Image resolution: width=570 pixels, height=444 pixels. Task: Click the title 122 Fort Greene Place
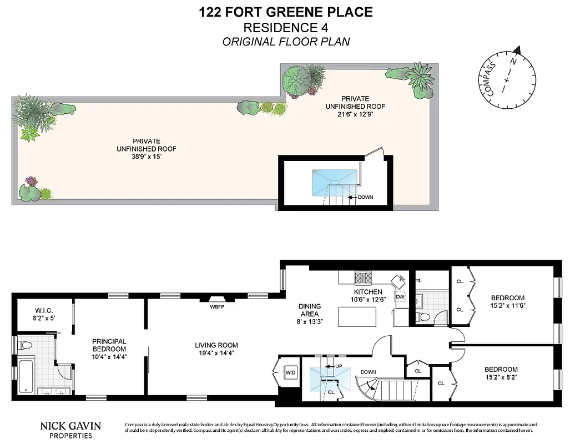click(x=286, y=12)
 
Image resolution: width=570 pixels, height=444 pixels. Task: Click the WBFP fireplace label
click(x=217, y=306)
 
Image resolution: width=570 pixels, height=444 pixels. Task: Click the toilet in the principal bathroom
click(x=26, y=345)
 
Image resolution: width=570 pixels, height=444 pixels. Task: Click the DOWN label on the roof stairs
click(x=365, y=196)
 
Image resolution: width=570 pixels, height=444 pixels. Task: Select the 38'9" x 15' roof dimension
click(x=147, y=157)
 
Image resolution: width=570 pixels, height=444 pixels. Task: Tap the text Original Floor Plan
click(x=286, y=42)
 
